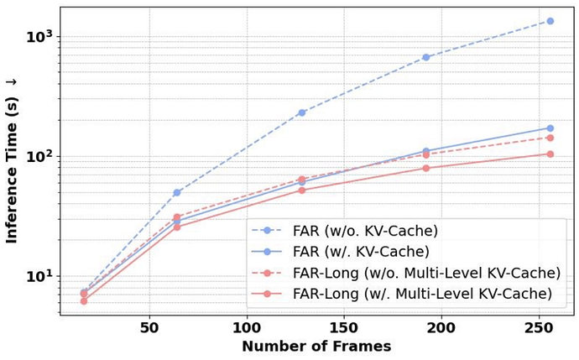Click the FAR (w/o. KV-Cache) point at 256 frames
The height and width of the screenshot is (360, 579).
[x=550, y=21]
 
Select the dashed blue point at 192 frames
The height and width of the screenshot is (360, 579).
[x=425, y=57]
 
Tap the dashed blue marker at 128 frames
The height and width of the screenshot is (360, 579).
[x=301, y=112]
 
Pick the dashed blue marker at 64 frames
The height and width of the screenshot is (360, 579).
[x=177, y=192]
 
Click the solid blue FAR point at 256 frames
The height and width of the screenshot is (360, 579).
[x=550, y=128]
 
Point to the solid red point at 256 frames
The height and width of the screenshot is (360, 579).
[x=550, y=154]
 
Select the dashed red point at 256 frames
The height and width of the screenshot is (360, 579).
[x=550, y=138]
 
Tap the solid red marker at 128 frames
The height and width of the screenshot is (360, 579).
[x=301, y=190]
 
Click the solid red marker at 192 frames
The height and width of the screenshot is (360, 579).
[x=425, y=168]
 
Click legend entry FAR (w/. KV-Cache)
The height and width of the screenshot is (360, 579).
[x=361, y=251]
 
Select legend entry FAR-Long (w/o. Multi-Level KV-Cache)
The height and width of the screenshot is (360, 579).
[x=426, y=273]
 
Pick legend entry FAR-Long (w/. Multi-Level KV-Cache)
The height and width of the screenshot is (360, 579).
[x=422, y=294]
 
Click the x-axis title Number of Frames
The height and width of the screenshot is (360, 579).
[x=316, y=347]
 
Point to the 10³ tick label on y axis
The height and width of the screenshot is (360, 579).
[x=39, y=37]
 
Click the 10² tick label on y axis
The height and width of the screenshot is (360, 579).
[x=39, y=157]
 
